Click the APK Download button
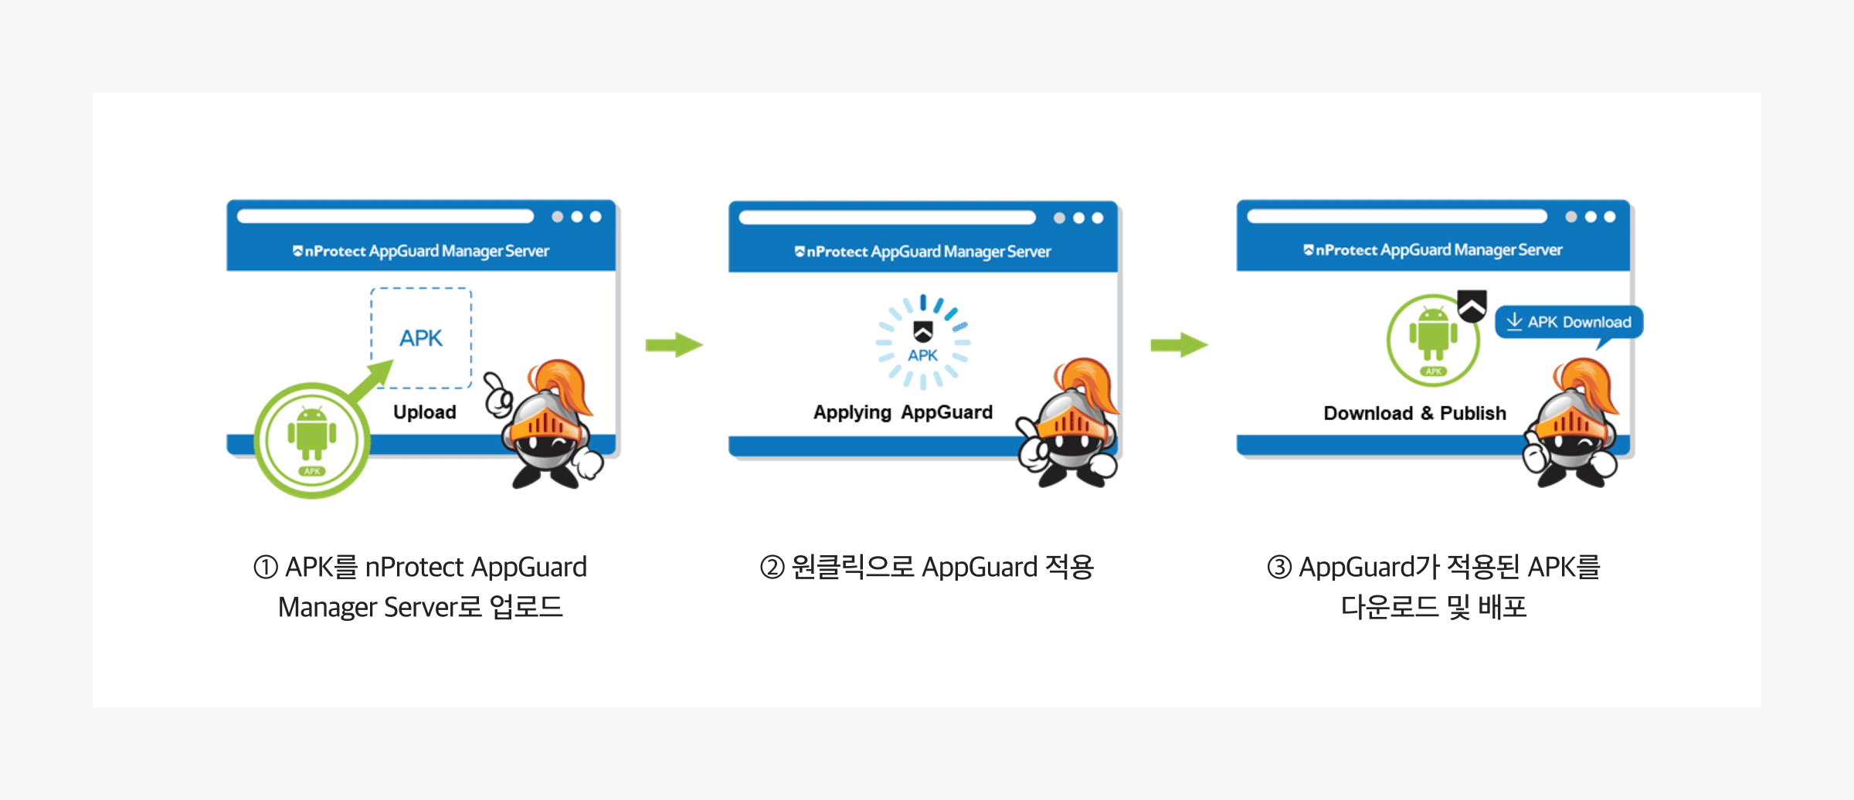click(1569, 322)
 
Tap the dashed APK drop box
click(421, 338)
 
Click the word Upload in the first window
click(424, 412)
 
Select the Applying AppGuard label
click(902, 412)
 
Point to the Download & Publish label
click(1414, 413)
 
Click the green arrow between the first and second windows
click(674, 344)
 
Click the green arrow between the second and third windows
click(1178, 344)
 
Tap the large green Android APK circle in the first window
click(312, 441)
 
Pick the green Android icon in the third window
click(1433, 339)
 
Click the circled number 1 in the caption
click(265, 568)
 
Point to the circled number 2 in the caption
click(772, 568)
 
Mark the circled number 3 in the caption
click(1279, 568)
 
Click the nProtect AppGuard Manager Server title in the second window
click(923, 252)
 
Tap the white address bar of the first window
click(385, 216)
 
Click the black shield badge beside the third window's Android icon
click(1472, 306)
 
